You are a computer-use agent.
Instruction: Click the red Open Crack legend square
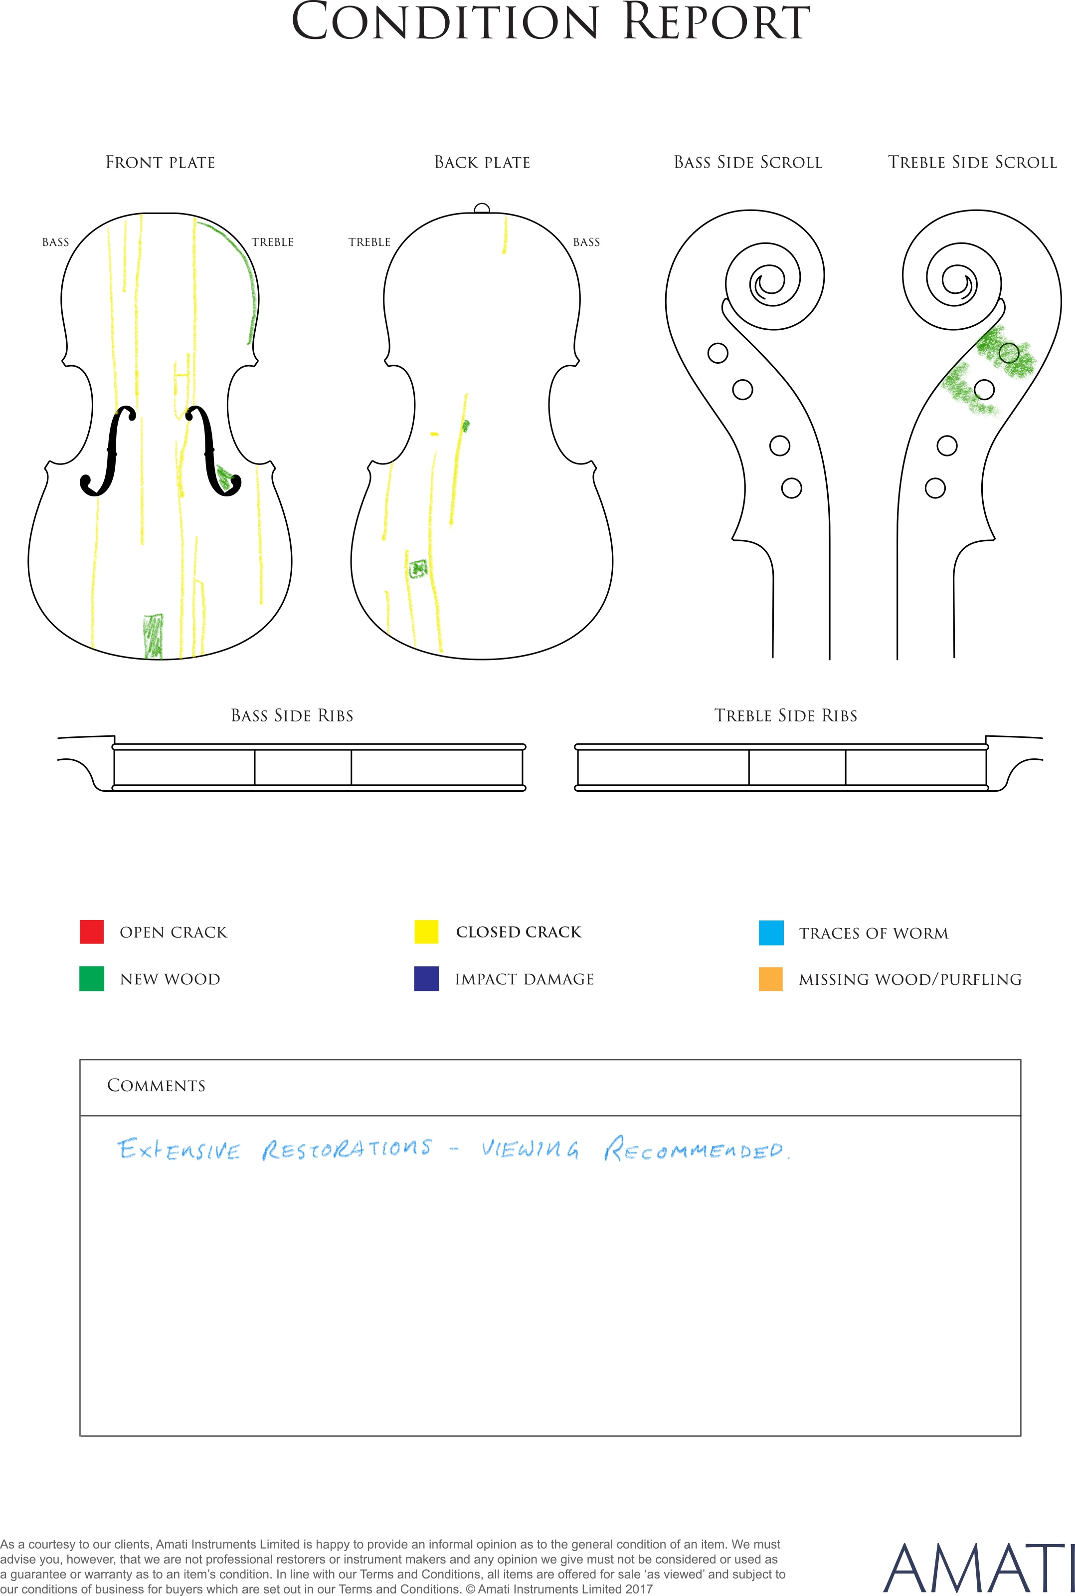coord(92,931)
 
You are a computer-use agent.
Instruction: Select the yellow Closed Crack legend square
coord(426,931)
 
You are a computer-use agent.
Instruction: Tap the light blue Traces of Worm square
coord(771,933)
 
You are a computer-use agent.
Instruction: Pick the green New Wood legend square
coord(92,979)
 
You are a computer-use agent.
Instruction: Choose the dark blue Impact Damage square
coord(426,979)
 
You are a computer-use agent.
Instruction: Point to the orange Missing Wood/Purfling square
coord(771,979)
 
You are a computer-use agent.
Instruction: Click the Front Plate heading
coord(161,163)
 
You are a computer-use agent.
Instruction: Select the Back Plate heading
coord(483,163)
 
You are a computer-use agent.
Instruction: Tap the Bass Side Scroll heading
coord(748,163)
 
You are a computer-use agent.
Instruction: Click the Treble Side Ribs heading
coord(786,715)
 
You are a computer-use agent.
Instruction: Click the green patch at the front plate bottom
coord(154,636)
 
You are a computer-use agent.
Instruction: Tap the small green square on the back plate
coord(417,569)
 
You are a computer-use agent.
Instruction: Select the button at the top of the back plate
coord(482,209)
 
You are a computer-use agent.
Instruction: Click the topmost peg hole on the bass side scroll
coord(718,353)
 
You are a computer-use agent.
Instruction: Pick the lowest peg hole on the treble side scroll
coord(935,488)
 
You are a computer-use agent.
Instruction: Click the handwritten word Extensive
coord(179,1149)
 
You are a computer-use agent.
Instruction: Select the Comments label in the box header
coord(157,1085)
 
